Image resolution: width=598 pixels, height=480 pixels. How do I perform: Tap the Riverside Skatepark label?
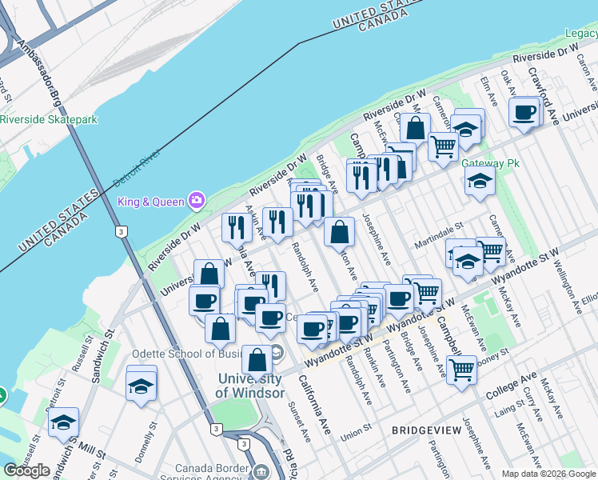(49, 119)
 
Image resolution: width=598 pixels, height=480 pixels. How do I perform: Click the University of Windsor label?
(249, 386)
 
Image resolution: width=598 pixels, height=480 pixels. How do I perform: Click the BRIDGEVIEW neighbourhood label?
(426, 430)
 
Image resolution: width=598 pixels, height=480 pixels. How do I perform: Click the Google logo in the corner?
(26, 470)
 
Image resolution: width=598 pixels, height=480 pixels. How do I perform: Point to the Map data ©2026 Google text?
(548, 474)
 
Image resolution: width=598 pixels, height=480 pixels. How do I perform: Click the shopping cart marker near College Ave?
(461, 370)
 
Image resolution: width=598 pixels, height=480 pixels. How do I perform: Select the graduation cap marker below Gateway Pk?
(480, 182)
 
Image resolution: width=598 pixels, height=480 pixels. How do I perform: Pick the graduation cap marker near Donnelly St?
(141, 385)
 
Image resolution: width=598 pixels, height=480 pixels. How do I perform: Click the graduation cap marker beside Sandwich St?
(63, 424)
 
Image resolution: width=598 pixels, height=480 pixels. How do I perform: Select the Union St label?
(357, 434)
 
